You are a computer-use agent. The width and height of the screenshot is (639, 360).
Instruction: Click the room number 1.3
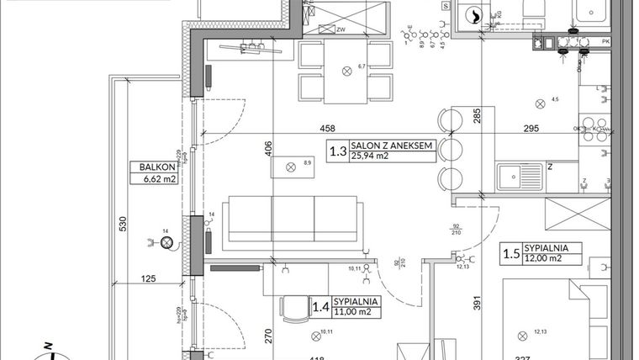(x=338, y=152)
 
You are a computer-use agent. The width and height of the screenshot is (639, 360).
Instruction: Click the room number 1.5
(x=510, y=253)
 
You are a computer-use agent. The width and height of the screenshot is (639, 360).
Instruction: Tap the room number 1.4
(x=319, y=307)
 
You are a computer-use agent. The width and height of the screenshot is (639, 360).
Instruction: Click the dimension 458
(x=327, y=129)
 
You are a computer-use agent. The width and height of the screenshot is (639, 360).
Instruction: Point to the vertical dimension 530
(x=123, y=224)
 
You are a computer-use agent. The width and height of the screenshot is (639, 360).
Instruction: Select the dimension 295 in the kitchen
(x=531, y=129)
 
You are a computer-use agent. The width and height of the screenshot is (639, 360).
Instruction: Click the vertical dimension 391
(x=476, y=304)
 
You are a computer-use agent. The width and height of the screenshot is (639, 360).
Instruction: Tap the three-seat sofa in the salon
(x=290, y=220)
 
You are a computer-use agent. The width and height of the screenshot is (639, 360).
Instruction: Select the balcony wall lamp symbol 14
(x=166, y=243)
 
